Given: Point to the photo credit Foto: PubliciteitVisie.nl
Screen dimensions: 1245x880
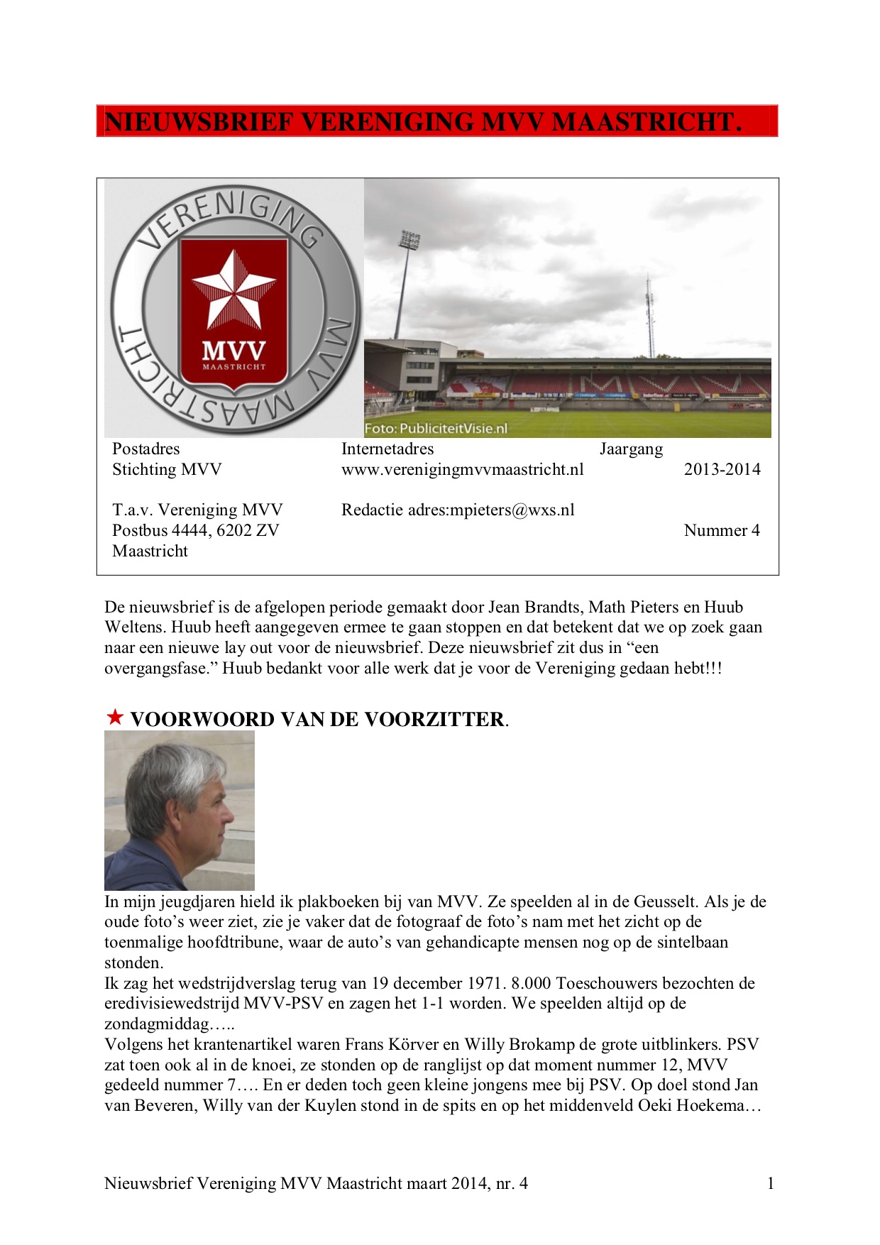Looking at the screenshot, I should [x=436, y=429].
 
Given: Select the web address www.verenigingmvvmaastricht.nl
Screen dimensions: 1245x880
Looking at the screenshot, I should [x=462, y=469].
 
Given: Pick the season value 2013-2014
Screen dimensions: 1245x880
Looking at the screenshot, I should [x=722, y=469].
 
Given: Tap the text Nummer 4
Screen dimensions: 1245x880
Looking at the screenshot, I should [x=721, y=530].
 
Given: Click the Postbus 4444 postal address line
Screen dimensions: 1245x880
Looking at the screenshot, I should [x=195, y=530].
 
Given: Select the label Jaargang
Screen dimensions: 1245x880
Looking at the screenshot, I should [x=631, y=449].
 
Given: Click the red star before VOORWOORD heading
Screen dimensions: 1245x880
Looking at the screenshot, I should [x=115, y=717].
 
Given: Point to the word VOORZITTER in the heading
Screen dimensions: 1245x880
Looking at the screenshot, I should [x=434, y=719].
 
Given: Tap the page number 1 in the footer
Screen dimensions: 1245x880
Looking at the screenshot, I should [x=771, y=1183].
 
